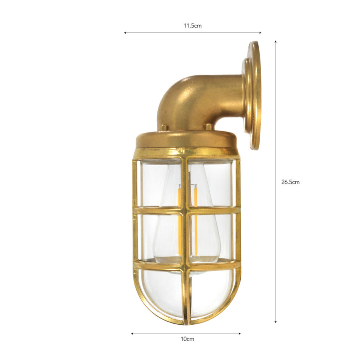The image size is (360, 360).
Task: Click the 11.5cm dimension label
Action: [x=192, y=26]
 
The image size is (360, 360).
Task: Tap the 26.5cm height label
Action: [x=290, y=182]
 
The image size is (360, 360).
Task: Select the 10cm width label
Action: [x=187, y=339]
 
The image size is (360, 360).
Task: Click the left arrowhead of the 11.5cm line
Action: [x=125, y=33]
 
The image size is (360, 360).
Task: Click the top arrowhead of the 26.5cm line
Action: [x=276, y=42]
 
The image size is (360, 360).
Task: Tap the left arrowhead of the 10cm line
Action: [x=132, y=333]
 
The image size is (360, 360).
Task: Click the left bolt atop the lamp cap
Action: [x=163, y=127]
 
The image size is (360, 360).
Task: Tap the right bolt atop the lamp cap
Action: [x=208, y=127]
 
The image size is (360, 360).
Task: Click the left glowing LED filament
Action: [x=179, y=216]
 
